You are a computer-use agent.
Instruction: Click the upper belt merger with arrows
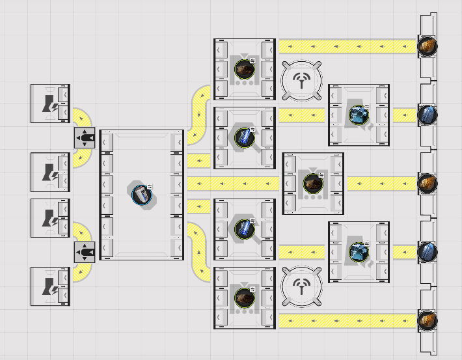tap(85, 138)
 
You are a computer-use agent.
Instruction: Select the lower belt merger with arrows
tap(85, 251)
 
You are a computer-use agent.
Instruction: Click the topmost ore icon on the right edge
tap(427, 46)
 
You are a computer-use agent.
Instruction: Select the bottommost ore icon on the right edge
tap(427, 320)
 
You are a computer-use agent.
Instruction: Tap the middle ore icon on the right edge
tap(427, 183)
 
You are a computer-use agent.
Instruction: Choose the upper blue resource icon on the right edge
tap(427, 115)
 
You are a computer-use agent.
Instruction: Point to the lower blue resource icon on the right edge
tap(427, 251)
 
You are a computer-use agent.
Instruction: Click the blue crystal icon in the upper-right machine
tap(358, 115)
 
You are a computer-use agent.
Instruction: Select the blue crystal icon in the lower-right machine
tap(358, 251)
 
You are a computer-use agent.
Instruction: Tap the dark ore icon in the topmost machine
tap(244, 68)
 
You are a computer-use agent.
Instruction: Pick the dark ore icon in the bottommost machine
tap(244, 297)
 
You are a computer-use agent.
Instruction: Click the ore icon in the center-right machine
tap(313, 183)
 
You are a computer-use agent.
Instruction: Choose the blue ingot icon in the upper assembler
tap(244, 137)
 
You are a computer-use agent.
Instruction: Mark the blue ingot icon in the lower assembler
tap(244, 228)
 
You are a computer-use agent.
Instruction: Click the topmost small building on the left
tap(50, 103)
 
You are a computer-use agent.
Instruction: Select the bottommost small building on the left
tap(50, 286)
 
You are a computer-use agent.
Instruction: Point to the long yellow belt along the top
tap(347, 46)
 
